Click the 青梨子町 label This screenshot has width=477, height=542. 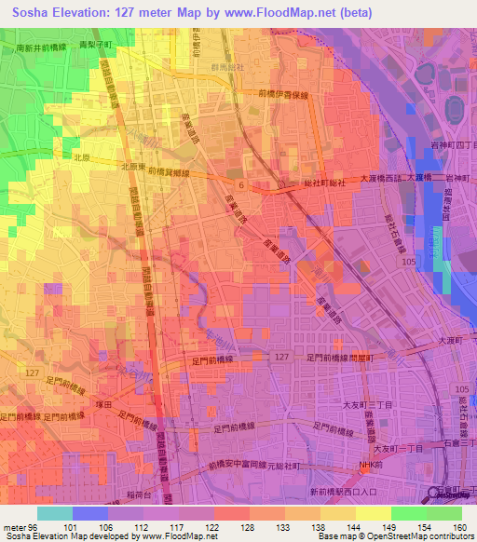click(x=95, y=44)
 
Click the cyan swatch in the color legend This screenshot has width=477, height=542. click(x=54, y=513)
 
